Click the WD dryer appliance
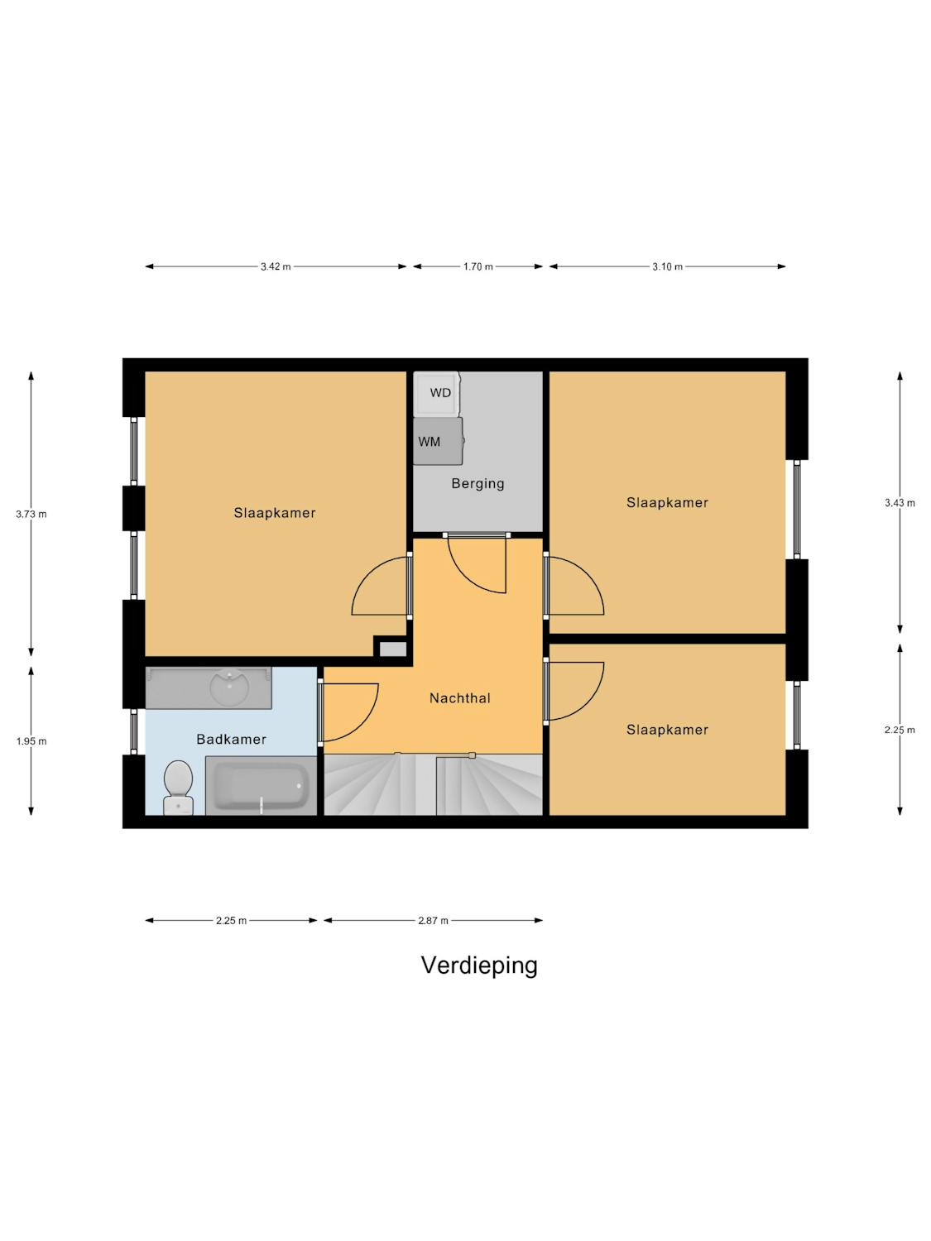436,393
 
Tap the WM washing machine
438,441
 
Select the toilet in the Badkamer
178,788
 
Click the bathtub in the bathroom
261,786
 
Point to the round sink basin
229,687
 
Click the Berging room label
477,483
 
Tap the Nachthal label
459,698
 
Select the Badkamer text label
231,739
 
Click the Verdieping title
479,965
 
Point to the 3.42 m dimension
276,267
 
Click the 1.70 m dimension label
477,267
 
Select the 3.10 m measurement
667,267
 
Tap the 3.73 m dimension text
31,514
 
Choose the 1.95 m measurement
31,741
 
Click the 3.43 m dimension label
900,503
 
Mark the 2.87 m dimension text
433,921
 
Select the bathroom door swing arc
362,724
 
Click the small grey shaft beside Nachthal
393,649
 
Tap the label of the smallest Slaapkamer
667,730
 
